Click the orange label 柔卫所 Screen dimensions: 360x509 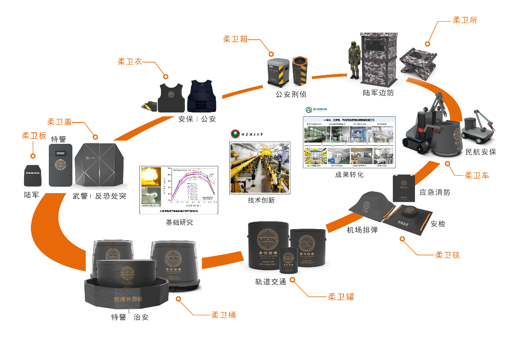pos(465,20)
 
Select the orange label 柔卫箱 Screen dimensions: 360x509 pos(235,39)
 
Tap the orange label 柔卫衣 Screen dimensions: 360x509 pos(130,61)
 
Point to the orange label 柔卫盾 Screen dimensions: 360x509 pos(59,122)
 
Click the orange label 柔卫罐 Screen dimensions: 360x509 pos(341,297)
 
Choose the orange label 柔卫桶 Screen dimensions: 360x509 pos(224,315)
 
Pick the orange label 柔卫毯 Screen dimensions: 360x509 pos(448,255)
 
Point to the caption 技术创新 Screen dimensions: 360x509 pos(261,201)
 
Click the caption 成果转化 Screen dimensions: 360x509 pos(349,175)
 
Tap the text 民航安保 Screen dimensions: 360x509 pos(481,152)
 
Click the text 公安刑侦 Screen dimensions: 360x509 pos(291,94)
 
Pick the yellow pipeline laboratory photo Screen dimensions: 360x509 pos(261,168)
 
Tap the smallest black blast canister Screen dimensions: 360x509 pos(289,261)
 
